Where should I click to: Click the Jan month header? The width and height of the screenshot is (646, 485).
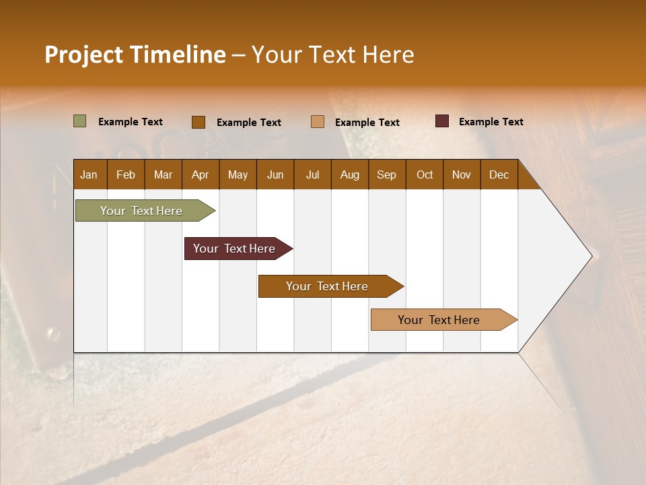point(89,174)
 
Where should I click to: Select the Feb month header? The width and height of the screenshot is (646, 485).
point(126,174)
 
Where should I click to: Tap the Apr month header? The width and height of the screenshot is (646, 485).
point(200,174)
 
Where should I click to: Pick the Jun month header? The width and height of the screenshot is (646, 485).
point(275,174)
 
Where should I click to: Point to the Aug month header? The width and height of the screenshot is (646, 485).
point(349,174)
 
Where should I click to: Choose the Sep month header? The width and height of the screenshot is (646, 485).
point(386,174)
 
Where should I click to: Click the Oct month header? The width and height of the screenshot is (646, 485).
point(425,174)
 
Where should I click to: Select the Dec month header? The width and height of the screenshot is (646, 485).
point(499,174)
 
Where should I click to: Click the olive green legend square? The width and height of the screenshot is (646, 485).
point(79,121)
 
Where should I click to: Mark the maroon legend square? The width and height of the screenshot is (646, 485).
point(441,121)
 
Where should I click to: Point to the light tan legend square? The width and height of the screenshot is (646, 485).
point(318,121)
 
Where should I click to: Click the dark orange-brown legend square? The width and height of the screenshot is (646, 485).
point(199,122)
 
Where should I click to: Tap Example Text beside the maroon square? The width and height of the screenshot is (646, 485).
point(491,122)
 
